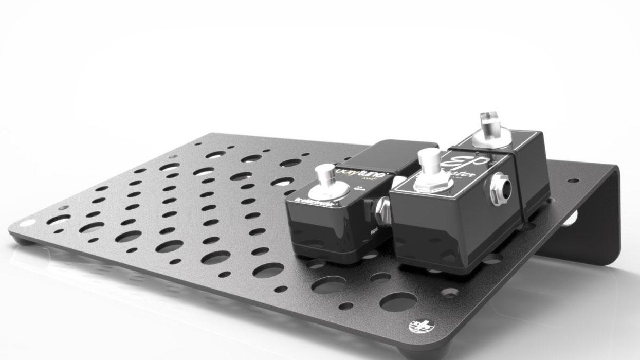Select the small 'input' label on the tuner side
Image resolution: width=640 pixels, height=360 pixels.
pyautogui.click(x=374, y=232)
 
